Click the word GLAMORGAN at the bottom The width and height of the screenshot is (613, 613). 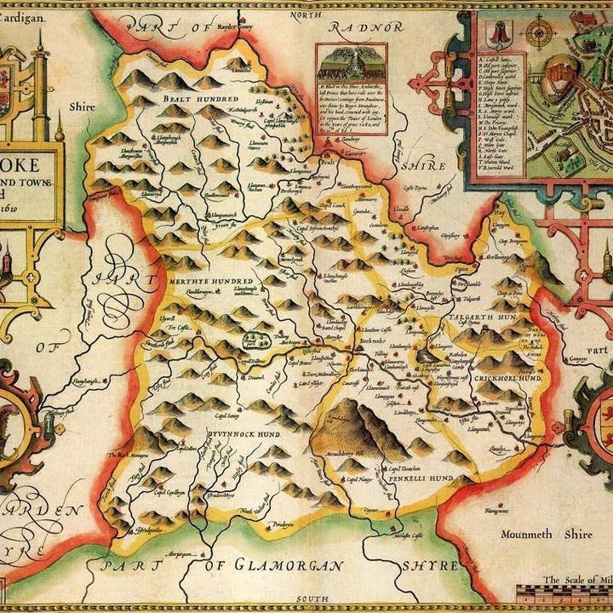[285, 565]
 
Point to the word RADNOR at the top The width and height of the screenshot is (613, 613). [371, 26]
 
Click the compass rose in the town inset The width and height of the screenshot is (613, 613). [539, 34]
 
